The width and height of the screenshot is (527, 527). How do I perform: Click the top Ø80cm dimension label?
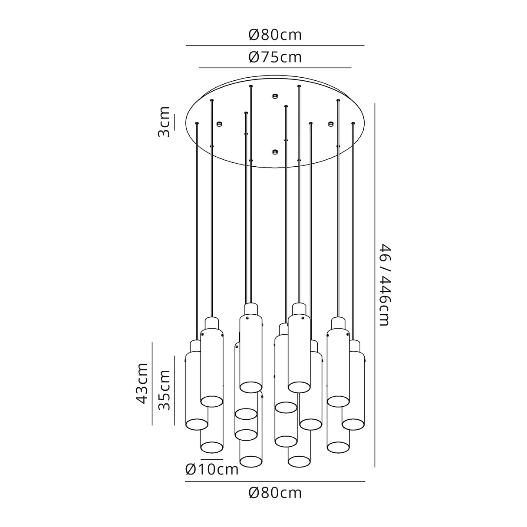pyautogui.click(x=275, y=35)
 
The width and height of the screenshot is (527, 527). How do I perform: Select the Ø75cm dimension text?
pyautogui.click(x=275, y=57)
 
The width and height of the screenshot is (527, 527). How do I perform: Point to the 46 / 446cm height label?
pyautogui.click(x=385, y=284)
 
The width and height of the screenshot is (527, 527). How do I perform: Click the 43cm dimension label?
pyautogui.click(x=142, y=383)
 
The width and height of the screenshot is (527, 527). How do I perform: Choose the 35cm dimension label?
pyautogui.click(x=164, y=390)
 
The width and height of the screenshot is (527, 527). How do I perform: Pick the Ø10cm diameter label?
pyautogui.click(x=212, y=469)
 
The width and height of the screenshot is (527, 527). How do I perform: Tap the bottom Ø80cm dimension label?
pyautogui.click(x=275, y=493)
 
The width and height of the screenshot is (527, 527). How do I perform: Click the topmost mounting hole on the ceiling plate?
pyautogui.click(x=274, y=96)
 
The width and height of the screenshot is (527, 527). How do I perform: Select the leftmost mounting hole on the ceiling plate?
pyautogui.click(x=219, y=124)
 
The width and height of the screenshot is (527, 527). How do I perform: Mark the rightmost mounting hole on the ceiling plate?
pyautogui.click(x=331, y=124)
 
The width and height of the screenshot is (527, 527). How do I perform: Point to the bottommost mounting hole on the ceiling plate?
pyautogui.click(x=274, y=152)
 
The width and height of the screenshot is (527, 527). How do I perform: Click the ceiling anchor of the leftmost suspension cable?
pyautogui.click(x=197, y=124)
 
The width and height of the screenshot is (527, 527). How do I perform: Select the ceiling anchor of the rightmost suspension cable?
pyautogui.click(x=353, y=124)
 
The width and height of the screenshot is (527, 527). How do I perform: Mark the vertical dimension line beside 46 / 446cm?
pyautogui.click(x=374, y=284)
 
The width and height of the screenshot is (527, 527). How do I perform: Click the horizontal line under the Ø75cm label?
pyautogui.click(x=275, y=68)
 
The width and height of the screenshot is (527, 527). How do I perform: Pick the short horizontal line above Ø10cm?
pyautogui.click(x=211, y=459)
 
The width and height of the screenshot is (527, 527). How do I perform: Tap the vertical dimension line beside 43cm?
pyautogui.click(x=152, y=383)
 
